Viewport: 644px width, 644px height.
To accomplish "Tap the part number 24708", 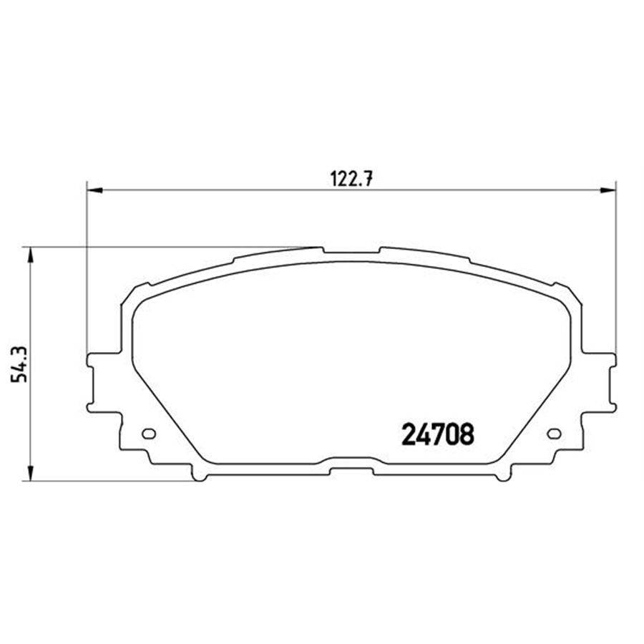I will [x=438, y=434].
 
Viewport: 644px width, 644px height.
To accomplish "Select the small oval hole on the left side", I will [x=150, y=434].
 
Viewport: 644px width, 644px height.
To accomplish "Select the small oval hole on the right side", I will [x=553, y=434].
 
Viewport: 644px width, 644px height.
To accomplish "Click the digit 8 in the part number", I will [x=466, y=434].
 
